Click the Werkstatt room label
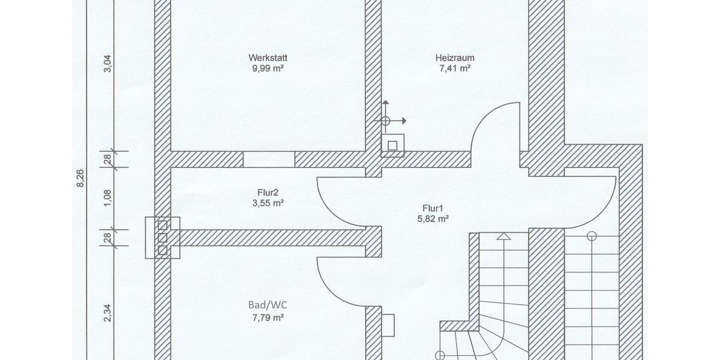(268, 58)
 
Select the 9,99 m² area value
(268, 69)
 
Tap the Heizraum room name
(455, 58)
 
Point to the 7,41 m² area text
(455, 69)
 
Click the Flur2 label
(268, 193)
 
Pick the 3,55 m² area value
(268, 203)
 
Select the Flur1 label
(434, 208)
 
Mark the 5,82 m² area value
(434, 219)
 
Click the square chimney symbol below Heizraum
(392, 145)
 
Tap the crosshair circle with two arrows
(385, 121)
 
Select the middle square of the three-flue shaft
(162, 238)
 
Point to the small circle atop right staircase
(592, 235)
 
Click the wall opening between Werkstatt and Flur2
(269, 159)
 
